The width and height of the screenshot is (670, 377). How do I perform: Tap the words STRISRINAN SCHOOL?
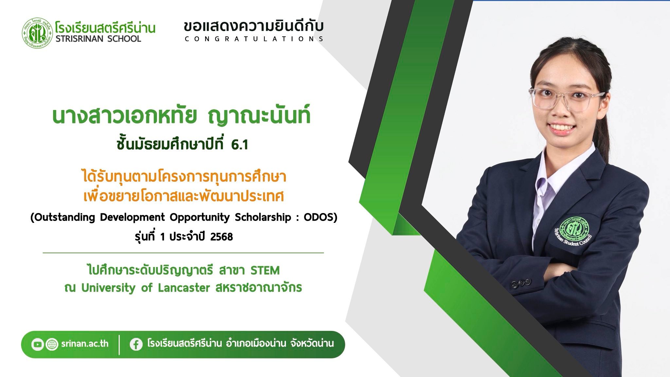pyautogui.click(x=98, y=39)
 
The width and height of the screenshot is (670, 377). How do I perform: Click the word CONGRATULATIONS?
pyautogui.click(x=254, y=39)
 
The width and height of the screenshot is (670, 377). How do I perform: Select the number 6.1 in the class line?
pyautogui.click(x=239, y=145)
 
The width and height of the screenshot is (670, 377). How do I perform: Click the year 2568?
pyautogui.click(x=221, y=237)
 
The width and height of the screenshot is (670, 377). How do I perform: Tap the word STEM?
pyautogui.click(x=265, y=271)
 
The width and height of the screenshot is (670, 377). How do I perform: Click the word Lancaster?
pyautogui.click(x=184, y=288)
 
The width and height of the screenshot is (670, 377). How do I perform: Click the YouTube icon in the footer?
pyautogui.click(x=37, y=344)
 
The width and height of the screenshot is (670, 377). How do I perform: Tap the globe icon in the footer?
pyautogui.click(x=52, y=344)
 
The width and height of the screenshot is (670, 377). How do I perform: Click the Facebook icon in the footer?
pyautogui.click(x=136, y=344)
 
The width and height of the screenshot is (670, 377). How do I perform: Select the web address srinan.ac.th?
pyautogui.click(x=85, y=344)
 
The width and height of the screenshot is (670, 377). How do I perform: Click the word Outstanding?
pyautogui.click(x=64, y=217)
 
